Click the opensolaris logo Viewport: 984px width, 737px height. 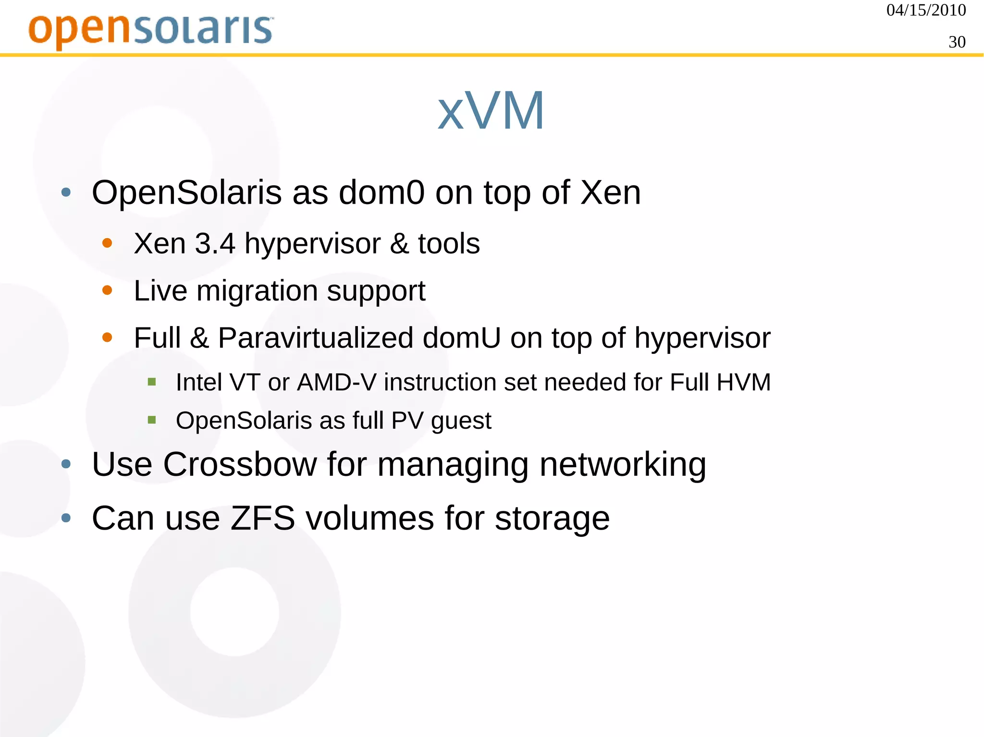(x=151, y=30)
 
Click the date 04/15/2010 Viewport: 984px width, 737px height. (x=926, y=10)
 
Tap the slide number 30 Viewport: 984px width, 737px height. (x=957, y=42)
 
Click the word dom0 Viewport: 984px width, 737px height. (x=381, y=193)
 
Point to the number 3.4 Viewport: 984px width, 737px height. (x=215, y=243)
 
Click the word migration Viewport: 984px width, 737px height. (x=257, y=291)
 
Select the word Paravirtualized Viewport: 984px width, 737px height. (x=316, y=338)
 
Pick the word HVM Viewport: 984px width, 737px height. (x=744, y=383)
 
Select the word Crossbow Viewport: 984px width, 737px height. (x=240, y=465)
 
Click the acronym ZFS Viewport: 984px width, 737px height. (x=262, y=519)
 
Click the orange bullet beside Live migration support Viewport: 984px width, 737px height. (x=107, y=290)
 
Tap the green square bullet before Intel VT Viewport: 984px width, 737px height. (x=152, y=382)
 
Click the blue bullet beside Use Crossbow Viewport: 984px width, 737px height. (x=66, y=464)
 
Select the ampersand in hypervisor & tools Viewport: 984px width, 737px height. (x=399, y=243)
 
